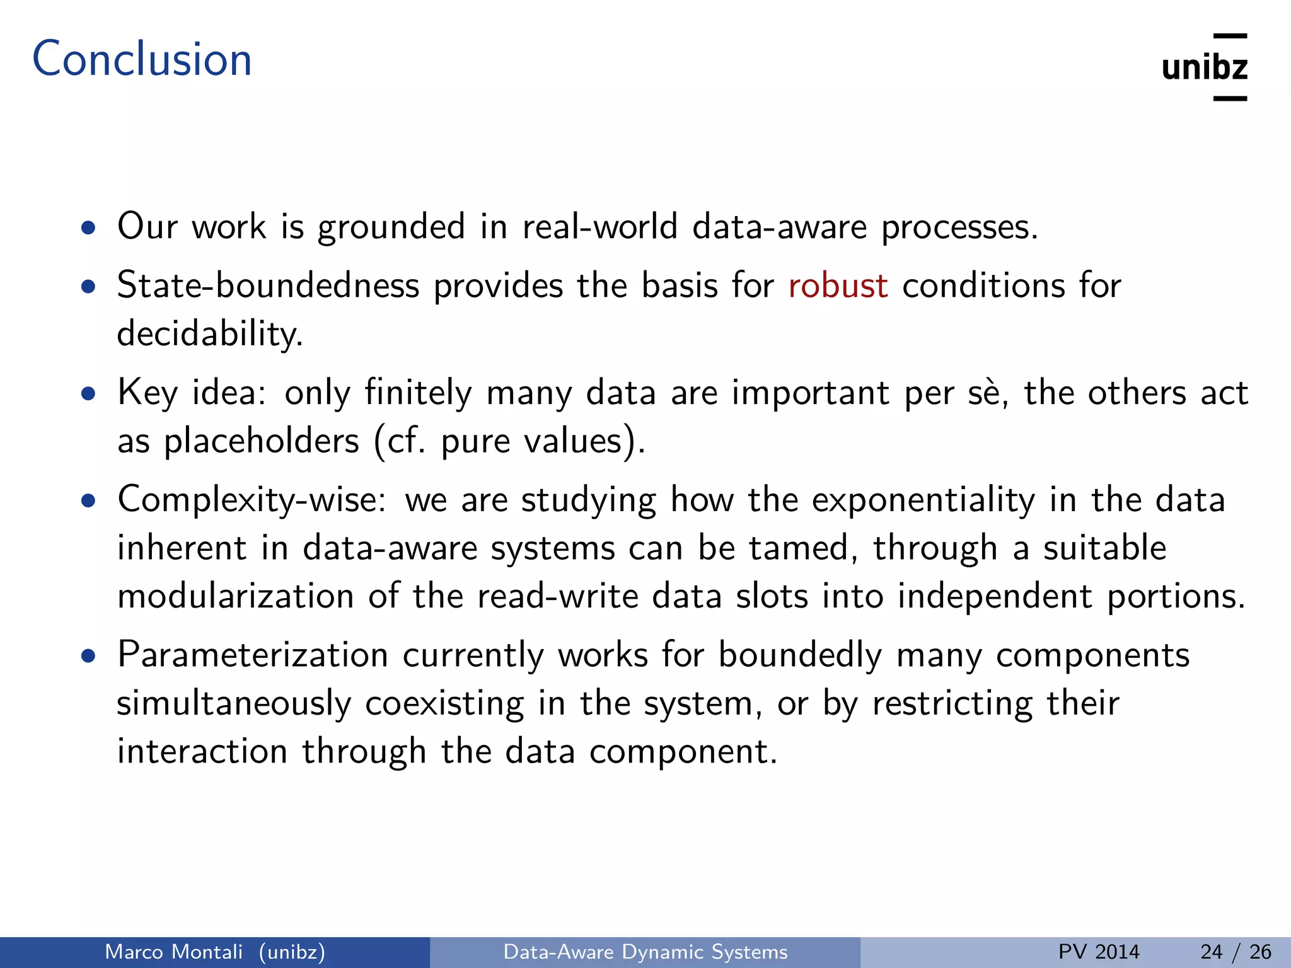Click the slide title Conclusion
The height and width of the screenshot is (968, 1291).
(x=142, y=59)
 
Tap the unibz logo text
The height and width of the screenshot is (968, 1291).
(x=1204, y=67)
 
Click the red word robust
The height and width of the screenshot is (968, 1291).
(x=838, y=285)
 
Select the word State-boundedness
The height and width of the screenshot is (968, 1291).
(x=268, y=285)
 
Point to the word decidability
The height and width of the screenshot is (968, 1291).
(x=209, y=334)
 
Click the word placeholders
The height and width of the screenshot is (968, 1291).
(x=261, y=441)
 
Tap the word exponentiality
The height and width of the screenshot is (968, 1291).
(x=923, y=500)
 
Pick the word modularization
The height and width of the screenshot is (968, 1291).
(x=236, y=596)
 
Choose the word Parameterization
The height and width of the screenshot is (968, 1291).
(x=252, y=655)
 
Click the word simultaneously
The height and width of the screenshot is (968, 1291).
(x=233, y=703)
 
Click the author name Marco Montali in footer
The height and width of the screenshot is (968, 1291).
(x=173, y=952)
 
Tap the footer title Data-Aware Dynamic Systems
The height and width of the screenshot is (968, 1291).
(x=645, y=952)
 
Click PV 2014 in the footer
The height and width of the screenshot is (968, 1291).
(x=1099, y=952)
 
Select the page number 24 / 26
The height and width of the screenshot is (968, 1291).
(x=1236, y=952)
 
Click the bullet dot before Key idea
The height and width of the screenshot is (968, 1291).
(x=88, y=395)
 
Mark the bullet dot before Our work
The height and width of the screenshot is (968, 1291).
(x=88, y=228)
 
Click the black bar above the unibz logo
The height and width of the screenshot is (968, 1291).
(x=1230, y=37)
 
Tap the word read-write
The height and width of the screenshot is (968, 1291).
(x=557, y=596)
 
